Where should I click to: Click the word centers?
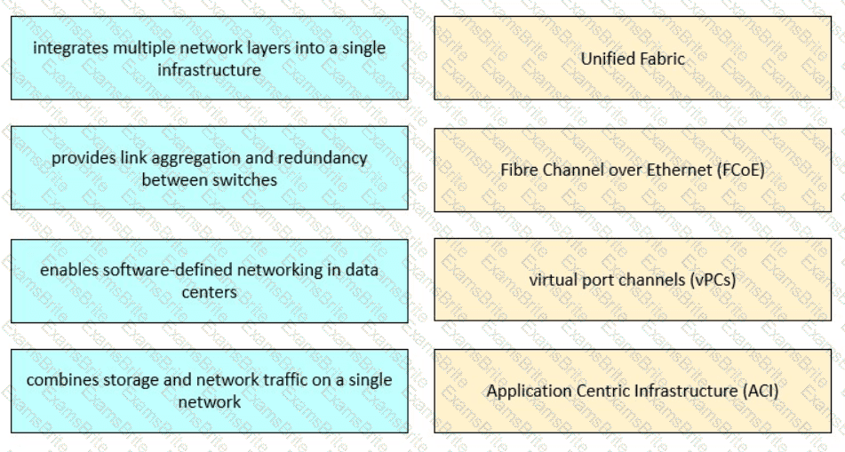209,292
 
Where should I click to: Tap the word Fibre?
518,170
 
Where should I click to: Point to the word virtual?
552,280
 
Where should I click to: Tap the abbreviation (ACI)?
761,391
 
